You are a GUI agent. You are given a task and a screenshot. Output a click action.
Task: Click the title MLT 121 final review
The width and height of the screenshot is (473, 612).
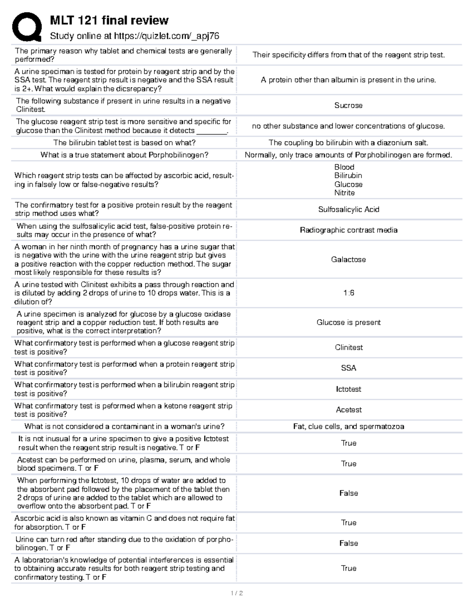click(109, 20)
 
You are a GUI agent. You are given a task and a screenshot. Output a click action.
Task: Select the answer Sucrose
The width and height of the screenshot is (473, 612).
click(348, 105)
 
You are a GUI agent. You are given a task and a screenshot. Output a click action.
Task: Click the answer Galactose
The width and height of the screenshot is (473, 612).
click(348, 259)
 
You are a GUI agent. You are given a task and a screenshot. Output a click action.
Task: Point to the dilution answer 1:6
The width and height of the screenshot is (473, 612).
click(348, 293)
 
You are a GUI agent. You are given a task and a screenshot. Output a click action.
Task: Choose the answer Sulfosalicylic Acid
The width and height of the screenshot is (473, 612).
click(348, 209)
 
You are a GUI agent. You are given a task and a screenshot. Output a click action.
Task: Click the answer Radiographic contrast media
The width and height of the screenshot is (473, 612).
click(348, 230)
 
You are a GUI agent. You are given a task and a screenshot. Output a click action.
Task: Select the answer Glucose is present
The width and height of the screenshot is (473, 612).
click(348, 322)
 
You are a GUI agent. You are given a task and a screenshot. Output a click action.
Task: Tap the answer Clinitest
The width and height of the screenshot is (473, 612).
click(348, 347)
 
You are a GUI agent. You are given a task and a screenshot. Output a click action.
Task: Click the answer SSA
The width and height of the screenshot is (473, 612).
click(348, 368)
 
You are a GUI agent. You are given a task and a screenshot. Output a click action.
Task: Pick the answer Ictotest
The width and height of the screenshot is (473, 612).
click(348, 389)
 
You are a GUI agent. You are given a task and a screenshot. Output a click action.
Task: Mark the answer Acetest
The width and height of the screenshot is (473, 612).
click(348, 409)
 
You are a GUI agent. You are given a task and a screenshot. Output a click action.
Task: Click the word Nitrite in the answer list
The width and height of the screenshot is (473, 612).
click(345, 193)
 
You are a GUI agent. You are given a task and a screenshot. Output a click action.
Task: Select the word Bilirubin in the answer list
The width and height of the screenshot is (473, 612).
click(348, 175)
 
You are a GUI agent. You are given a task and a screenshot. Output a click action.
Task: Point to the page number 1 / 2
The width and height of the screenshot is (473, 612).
click(236, 593)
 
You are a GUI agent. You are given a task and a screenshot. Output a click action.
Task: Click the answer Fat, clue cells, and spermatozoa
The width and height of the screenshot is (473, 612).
click(348, 426)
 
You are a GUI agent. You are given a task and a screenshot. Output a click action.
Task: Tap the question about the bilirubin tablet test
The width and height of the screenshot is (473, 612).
click(124, 143)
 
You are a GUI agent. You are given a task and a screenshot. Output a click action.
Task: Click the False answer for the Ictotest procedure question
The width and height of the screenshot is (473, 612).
click(348, 493)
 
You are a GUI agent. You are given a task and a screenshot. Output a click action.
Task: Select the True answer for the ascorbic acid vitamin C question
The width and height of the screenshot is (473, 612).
click(348, 523)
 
